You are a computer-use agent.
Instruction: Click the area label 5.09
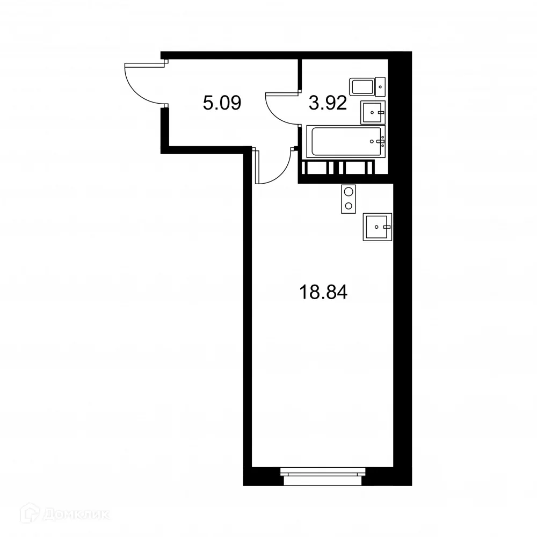[x=221, y=102]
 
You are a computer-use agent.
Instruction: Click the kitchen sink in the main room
[x=378, y=227]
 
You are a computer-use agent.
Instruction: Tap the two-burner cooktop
[x=349, y=198]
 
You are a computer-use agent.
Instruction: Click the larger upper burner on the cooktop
[x=349, y=191]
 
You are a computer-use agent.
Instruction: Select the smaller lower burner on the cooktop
[x=349, y=206]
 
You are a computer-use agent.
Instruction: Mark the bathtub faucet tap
[x=382, y=142]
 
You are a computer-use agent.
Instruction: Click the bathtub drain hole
[x=374, y=142]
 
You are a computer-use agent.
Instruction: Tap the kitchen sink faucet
[x=386, y=227]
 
